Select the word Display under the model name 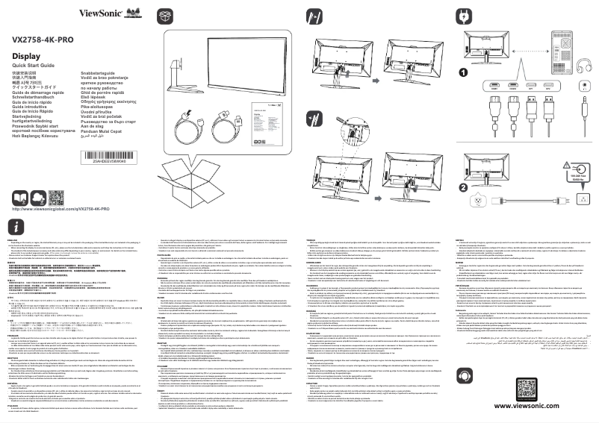point(26,56)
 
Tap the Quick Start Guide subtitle point(35,66)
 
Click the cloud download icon point(38,197)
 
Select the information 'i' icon point(18,226)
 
